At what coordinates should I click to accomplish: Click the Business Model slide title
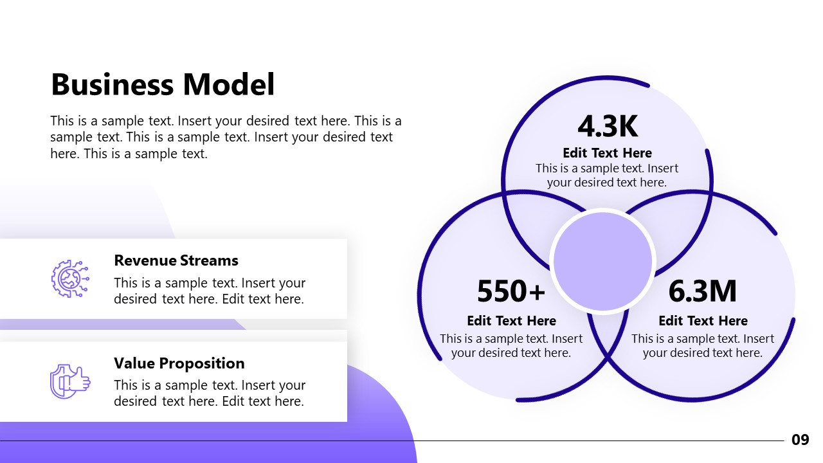click(163, 85)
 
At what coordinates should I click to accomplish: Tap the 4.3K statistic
click(608, 127)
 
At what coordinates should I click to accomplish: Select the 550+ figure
click(511, 291)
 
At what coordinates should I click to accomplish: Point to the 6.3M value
click(703, 291)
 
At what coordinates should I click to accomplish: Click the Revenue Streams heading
click(176, 260)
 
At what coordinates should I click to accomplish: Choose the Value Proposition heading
click(179, 363)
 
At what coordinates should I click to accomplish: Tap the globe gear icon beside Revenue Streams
click(69, 278)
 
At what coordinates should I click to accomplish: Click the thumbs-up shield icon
click(69, 381)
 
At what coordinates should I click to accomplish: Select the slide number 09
click(800, 440)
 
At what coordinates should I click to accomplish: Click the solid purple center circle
click(602, 262)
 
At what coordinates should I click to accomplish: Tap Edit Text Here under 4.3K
click(607, 153)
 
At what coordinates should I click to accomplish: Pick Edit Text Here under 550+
click(511, 321)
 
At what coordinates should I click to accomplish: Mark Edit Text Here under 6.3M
click(703, 321)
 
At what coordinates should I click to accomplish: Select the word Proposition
click(203, 363)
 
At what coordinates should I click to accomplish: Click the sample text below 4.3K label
click(607, 176)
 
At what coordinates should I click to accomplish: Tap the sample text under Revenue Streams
click(210, 291)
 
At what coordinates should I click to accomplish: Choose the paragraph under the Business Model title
click(225, 137)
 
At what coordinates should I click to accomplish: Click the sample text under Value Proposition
click(210, 393)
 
